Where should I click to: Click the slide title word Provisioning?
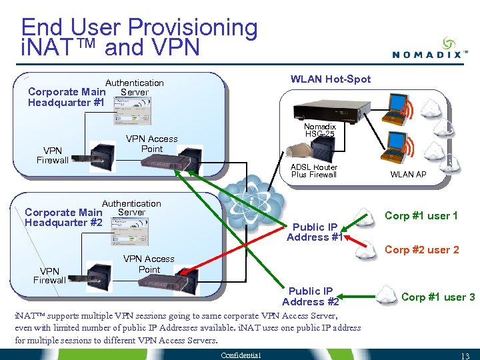193,27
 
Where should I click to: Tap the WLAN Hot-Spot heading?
331,79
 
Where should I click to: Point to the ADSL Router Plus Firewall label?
314,171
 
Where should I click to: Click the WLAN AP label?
408,175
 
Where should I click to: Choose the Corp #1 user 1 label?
421,216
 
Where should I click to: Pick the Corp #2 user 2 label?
422,250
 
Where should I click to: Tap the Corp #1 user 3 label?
439,297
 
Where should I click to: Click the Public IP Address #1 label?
315,232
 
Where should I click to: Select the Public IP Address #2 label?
310,297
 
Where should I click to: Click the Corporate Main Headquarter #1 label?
67,97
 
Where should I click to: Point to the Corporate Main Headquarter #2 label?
63,217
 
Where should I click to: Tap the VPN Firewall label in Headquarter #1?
53,155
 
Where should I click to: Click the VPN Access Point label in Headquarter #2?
149,264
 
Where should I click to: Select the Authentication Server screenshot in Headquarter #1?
132,111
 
